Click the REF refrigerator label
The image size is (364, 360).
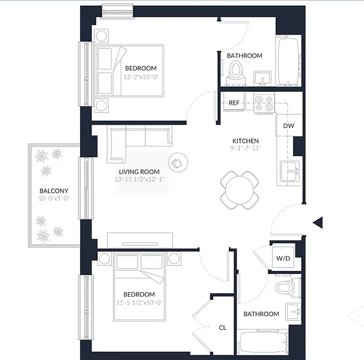click(x=234, y=103)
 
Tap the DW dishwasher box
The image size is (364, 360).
click(x=289, y=126)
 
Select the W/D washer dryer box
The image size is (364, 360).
click(x=283, y=259)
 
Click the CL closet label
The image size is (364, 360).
click(x=222, y=328)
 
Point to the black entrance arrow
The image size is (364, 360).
click(x=318, y=222)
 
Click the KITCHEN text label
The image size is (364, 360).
click(x=245, y=140)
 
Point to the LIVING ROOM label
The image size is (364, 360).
click(x=139, y=172)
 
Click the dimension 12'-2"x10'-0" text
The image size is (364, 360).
click(x=141, y=76)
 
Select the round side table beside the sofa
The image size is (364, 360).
click(x=177, y=161)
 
